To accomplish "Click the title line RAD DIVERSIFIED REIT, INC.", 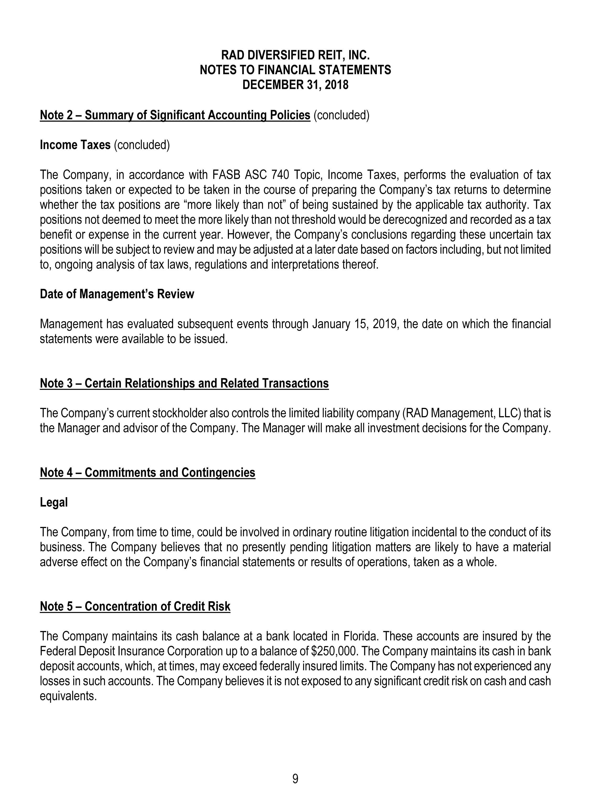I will [295, 55].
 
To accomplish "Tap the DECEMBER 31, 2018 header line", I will [295, 85].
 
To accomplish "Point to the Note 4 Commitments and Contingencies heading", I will [147, 472].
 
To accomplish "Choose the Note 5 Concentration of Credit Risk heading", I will [135, 606].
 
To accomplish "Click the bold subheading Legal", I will [53, 502].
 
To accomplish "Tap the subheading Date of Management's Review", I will [117, 294].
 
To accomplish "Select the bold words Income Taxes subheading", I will [75, 145].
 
